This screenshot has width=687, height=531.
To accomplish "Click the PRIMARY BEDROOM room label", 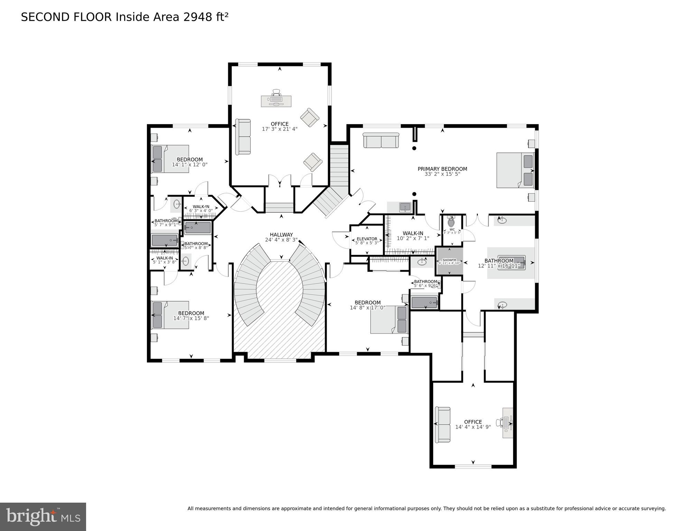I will click(442, 169).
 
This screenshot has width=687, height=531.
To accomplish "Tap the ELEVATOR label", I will click(367, 239).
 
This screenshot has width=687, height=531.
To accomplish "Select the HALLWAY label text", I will click(281, 235).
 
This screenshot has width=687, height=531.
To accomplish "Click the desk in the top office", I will click(276, 101).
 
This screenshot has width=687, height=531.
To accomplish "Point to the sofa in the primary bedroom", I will click(381, 140).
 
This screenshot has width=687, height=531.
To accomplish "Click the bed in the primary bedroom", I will click(515, 171).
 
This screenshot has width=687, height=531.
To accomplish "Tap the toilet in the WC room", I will click(451, 222).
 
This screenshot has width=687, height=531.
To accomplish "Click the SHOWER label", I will click(449, 260).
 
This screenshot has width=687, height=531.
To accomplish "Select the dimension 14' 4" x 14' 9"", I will click(473, 427).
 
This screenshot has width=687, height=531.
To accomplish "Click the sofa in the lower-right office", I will click(443, 424).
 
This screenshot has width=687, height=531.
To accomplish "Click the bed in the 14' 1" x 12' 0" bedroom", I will click(170, 159).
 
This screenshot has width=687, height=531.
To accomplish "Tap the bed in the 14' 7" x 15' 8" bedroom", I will click(170, 315).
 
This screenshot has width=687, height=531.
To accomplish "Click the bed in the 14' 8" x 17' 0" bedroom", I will click(389, 320).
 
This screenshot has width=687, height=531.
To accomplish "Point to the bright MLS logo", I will click(43, 516).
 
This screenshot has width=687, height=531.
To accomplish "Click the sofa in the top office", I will click(243, 137).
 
